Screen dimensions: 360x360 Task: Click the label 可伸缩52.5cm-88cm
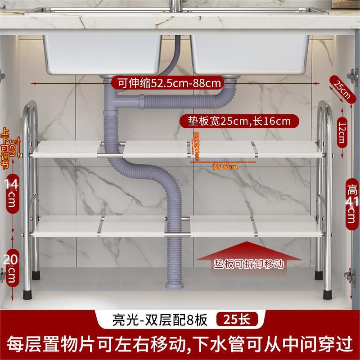pos(168,83)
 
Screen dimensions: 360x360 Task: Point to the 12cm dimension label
pos(342,132)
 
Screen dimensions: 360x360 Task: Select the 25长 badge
pos(237,320)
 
